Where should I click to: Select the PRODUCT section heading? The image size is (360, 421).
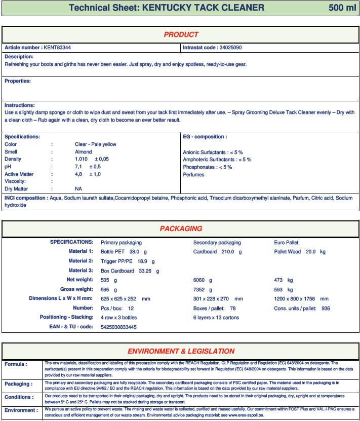click(181, 34)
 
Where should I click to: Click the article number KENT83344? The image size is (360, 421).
click(57, 48)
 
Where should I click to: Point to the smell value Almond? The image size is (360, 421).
click(84, 151)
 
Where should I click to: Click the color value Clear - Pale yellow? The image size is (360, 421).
click(95, 144)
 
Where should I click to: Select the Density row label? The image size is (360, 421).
click(13, 159)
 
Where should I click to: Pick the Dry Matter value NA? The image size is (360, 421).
click(78, 189)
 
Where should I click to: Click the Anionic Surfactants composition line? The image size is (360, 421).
click(213, 152)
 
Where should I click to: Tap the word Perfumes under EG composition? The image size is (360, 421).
click(193, 175)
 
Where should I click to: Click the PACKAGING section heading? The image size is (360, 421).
click(181, 228)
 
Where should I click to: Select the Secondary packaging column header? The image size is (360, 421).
click(217, 243)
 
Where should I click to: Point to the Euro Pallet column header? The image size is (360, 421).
click(286, 243)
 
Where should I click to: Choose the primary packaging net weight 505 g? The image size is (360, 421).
click(109, 280)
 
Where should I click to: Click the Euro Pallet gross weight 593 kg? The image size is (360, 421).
click(283, 290)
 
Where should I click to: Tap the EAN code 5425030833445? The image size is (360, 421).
click(118, 327)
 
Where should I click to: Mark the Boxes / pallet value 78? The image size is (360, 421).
click(233, 309)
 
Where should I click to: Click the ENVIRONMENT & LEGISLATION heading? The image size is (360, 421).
click(181, 351)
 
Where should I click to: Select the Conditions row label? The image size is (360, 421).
click(19, 397)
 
